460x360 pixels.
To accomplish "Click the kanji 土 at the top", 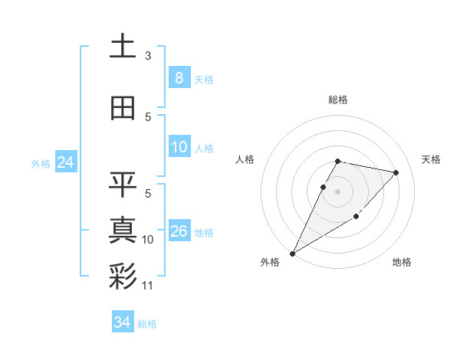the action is (x=123, y=46).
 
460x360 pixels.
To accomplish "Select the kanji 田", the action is (x=123, y=108).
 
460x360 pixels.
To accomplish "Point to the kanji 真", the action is (x=123, y=229).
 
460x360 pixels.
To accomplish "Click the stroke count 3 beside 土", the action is (x=148, y=55).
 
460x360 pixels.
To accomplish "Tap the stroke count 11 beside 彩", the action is (x=148, y=286).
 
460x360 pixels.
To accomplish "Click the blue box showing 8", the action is (x=179, y=77).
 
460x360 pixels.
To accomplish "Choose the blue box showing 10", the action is (x=179, y=147).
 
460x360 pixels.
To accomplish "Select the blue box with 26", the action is (x=179, y=231).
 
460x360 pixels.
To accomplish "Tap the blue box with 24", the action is (x=65, y=162).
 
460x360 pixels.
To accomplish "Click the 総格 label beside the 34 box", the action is (x=147, y=324).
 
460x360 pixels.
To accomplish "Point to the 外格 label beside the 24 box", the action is (x=41, y=163).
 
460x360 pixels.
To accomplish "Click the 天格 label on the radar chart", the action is (x=432, y=159).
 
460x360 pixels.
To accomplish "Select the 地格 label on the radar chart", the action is (x=402, y=263).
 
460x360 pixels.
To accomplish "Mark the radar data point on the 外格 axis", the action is (x=292, y=253).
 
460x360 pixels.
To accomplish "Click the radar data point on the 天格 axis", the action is (x=396, y=172).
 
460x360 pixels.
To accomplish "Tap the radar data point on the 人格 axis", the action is (x=324, y=187).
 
